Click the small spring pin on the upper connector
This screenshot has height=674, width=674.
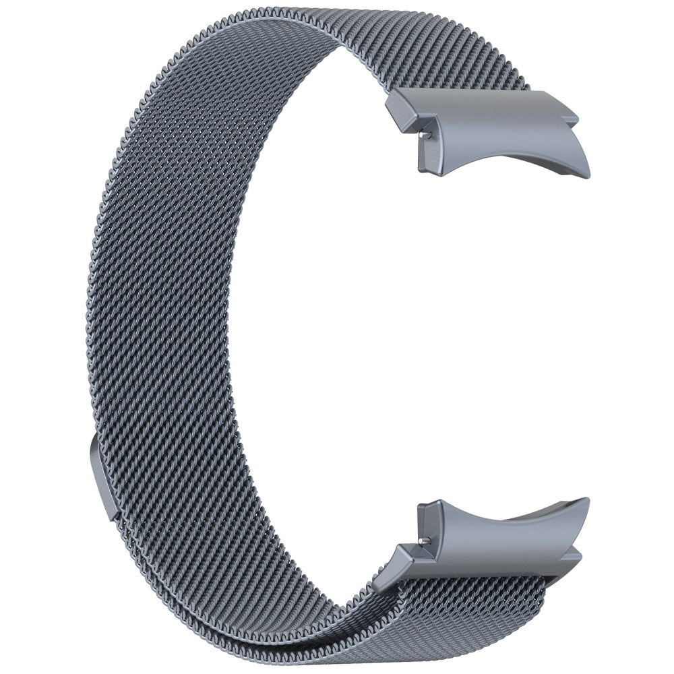coord(424,134)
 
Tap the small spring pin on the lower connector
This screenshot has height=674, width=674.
coord(423,540)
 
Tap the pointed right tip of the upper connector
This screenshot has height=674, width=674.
coord(588,171)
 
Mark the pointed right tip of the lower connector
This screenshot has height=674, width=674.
coord(586,502)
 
